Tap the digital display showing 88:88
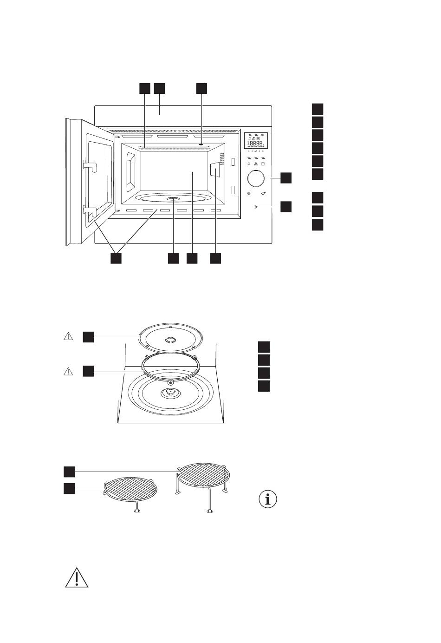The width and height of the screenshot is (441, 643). click(x=257, y=144)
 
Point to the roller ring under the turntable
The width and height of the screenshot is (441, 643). click(x=169, y=367)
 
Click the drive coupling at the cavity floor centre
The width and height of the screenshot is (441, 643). click(x=173, y=199)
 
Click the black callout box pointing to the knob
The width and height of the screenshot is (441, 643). click(x=286, y=178)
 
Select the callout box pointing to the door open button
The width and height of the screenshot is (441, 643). click(x=286, y=207)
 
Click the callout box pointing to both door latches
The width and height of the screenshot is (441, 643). click(x=116, y=259)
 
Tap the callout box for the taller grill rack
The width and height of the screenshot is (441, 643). click(x=69, y=472)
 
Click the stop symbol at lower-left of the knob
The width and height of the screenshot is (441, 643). click(x=249, y=193)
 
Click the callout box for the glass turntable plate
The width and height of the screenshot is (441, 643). click(x=88, y=337)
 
